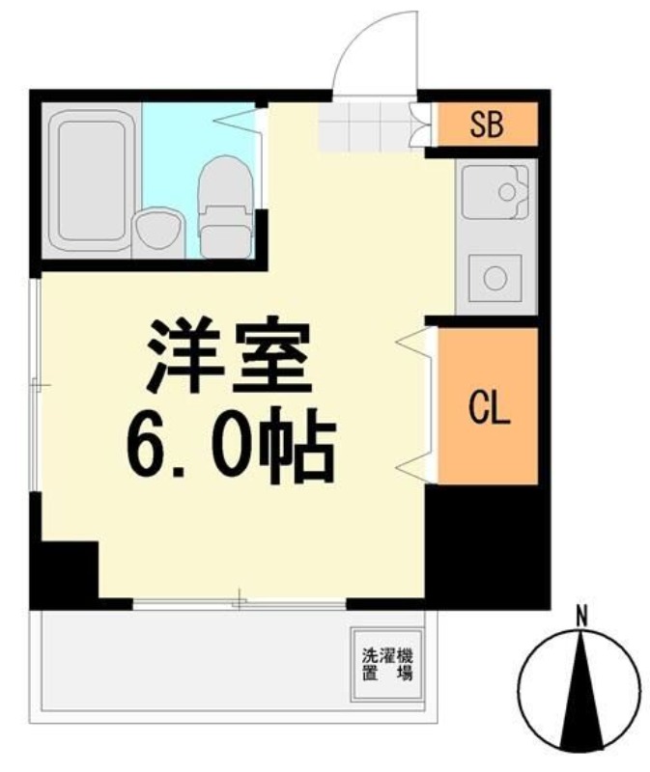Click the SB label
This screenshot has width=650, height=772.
(x=487, y=124)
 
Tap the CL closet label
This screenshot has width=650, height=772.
(x=489, y=406)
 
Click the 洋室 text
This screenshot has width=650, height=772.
(x=230, y=357)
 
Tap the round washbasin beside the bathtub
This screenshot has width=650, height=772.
(x=158, y=232)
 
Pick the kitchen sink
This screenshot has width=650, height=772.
(x=495, y=192)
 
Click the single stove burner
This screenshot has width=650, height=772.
(x=495, y=278)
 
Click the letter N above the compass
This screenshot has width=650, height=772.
(x=581, y=617)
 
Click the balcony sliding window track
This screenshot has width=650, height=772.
(x=240, y=604)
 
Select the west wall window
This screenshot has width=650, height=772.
(x=35, y=384)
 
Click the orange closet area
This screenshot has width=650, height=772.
(x=488, y=405)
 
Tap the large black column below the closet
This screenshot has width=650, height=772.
(x=488, y=545)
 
